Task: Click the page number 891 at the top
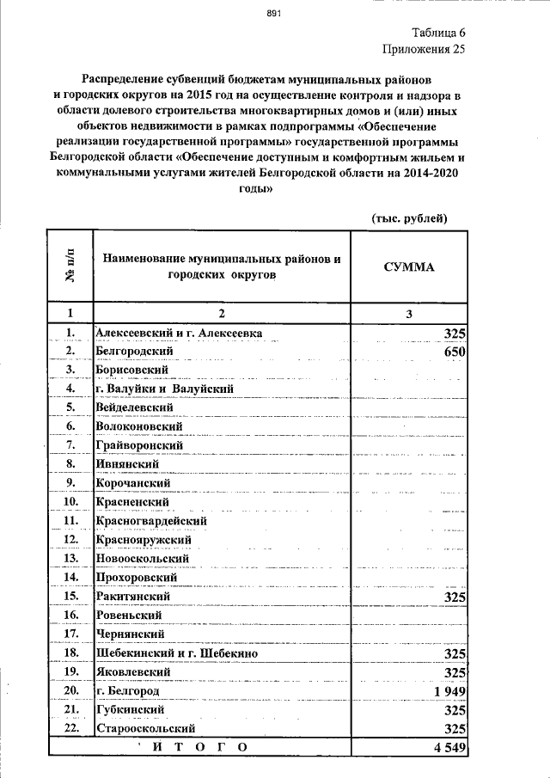pos(274,13)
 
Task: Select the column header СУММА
pos(409,266)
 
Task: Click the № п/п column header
pos(70,266)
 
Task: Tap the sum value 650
pos(455,352)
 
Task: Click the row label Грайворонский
pos(140,445)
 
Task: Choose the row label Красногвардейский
pos(152,521)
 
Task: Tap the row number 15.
pos(71,596)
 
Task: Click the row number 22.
pos(71,728)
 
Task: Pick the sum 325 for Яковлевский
pos(455,672)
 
